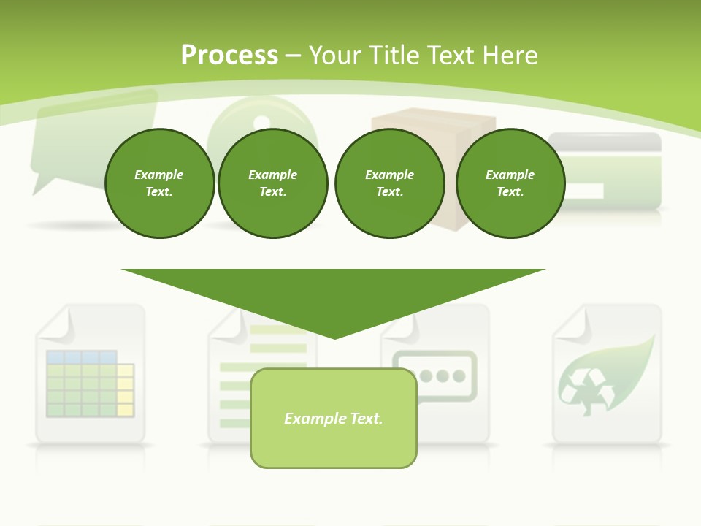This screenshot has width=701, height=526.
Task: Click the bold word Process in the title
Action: (x=229, y=55)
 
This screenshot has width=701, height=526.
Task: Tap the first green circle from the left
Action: (x=159, y=183)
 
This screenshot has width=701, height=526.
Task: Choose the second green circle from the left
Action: (x=273, y=183)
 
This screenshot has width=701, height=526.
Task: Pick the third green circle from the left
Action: (x=389, y=183)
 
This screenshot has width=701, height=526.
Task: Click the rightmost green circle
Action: (x=510, y=183)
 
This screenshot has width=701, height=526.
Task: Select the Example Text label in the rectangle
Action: (x=333, y=419)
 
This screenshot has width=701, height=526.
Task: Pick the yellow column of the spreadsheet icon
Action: (x=126, y=389)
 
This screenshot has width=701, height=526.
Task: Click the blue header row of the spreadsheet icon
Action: (x=81, y=357)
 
